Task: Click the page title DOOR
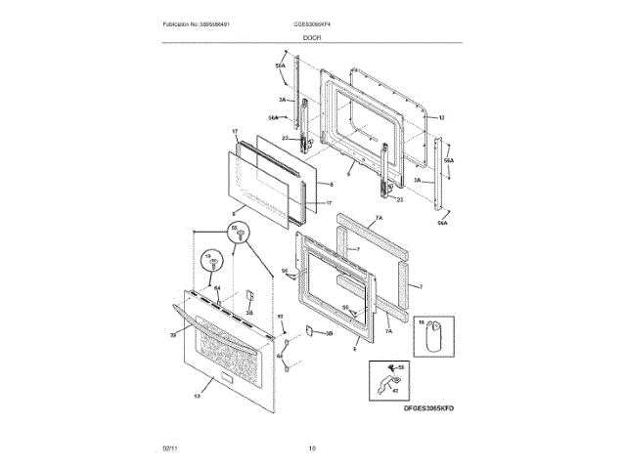tap(312, 37)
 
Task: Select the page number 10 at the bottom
tap(312, 448)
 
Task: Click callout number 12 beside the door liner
tap(441, 117)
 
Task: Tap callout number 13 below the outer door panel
tap(196, 396)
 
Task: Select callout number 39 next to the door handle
tap(173, 334)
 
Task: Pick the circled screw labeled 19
tap(208, 261)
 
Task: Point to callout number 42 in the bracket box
tap(396, 388)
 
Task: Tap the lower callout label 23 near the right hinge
tap(399, 199)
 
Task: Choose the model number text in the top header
tap(312, 23)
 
